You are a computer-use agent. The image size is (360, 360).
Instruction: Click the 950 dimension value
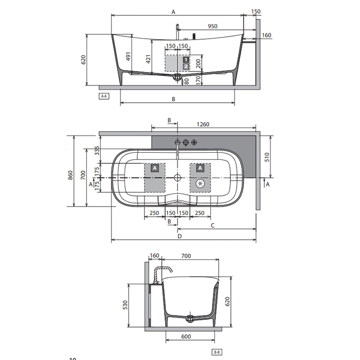point(212,26)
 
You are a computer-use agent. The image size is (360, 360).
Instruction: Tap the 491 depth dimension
point(129,57)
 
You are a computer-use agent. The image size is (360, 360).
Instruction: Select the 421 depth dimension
point(148,59)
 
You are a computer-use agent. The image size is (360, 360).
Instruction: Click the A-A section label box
point(104,96)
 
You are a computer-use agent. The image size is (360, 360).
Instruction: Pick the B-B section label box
point(217,352)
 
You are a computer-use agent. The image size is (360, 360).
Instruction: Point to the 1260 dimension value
point(203,124)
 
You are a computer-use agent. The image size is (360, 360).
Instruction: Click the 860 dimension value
point(70,175)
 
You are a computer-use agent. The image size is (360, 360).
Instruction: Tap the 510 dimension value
point(267,157)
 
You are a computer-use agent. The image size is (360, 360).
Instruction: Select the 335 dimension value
point(97,151)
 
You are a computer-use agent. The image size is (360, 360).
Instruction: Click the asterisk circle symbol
point(200,184)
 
